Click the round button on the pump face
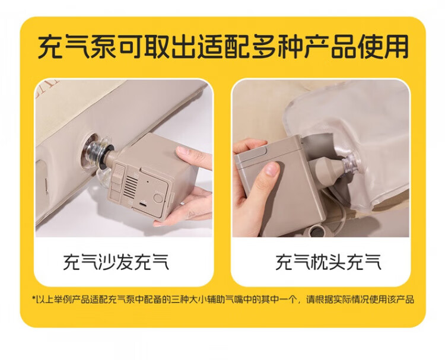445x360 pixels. [158, 197]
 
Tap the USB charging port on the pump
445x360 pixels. [144, 204]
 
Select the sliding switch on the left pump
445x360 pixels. [119, 174]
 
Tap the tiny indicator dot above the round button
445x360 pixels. [148, 181]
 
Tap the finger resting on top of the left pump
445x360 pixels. [193, 157]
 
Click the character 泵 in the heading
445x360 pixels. [103, 46]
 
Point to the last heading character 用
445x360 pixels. [396, 46]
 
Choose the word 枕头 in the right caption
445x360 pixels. [328, 262]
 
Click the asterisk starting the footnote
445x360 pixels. [33, 298]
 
